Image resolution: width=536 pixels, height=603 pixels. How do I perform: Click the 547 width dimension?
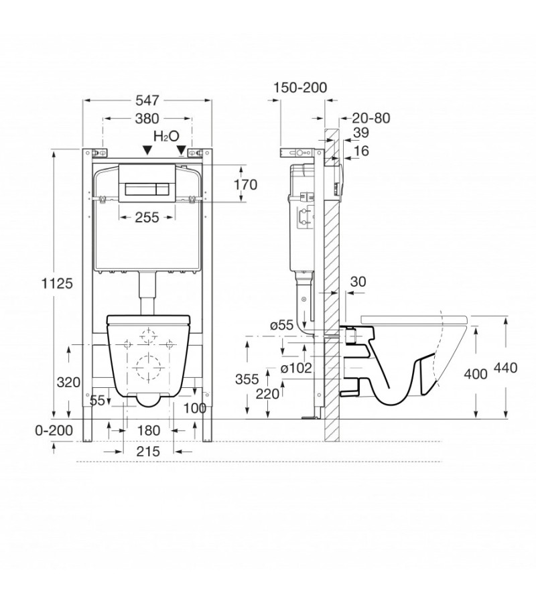(x=147, y=100)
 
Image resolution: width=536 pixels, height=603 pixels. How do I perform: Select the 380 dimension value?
(x=147, y=119)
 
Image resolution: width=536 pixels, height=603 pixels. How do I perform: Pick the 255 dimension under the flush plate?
(x=146, y=217)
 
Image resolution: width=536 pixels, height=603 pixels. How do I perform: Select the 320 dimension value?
(x=68, y=383)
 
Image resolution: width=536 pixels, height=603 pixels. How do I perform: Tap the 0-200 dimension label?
(x=53, y=431)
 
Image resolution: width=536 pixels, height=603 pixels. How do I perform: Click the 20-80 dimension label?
(x=371, y=118)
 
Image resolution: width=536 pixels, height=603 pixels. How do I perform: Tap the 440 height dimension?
(x=513, y=368)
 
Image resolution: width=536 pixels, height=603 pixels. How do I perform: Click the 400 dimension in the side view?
(x=475, y=375)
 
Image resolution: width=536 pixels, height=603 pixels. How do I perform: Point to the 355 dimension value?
(x=247, y=379)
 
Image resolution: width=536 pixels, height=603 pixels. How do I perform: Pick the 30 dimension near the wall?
(x=358, y=282)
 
